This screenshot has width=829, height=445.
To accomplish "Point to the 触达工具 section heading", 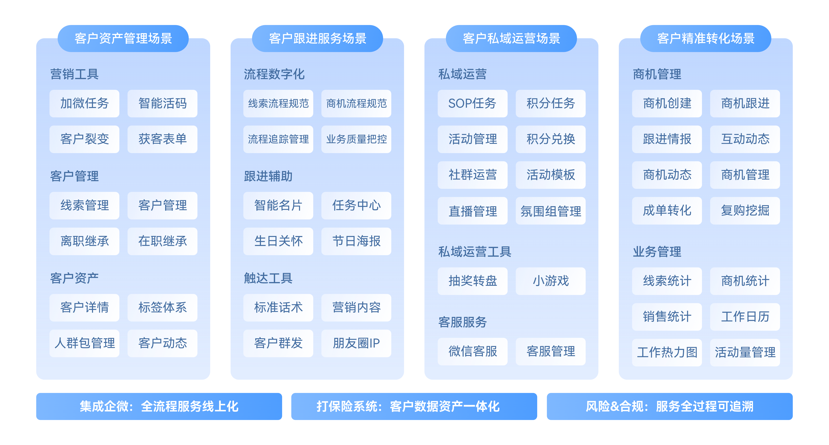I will (x=268, y=278).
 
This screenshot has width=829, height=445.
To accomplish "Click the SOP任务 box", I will (x=472, y=103).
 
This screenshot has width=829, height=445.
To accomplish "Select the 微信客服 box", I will (x=472, y=351).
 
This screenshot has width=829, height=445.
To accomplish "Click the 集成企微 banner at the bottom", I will (x=159, y=406).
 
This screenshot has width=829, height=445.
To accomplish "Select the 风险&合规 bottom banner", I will (x=669, y=406).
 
